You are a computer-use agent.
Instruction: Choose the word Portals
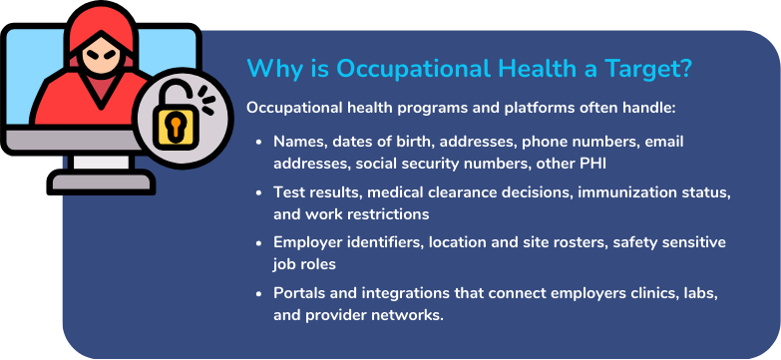(300, 292)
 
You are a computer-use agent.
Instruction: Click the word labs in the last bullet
(700, 292)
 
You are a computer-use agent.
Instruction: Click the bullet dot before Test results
(261, 191)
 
